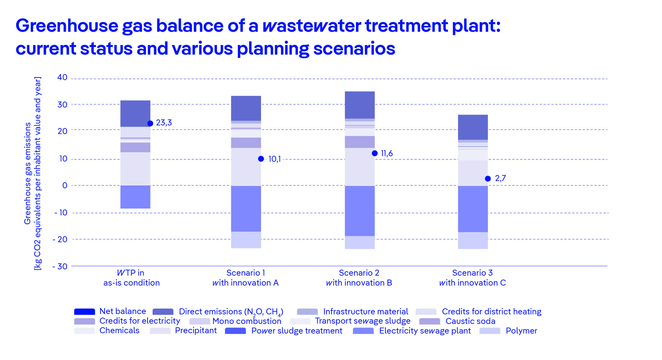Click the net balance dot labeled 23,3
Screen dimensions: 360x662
coord(150,123)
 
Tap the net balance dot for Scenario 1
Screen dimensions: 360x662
coord(261,159)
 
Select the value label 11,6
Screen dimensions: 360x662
coord(387,154)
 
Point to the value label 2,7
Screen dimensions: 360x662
coord(500,178)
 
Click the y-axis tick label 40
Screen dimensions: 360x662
coord(62,77)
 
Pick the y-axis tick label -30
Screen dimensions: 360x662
coord(60,266)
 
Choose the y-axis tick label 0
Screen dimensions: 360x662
coord(65,186)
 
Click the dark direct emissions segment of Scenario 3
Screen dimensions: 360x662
coord(473,127)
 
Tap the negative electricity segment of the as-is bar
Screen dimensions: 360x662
coord(135,197)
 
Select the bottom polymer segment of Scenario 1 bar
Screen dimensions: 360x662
coord(246,240)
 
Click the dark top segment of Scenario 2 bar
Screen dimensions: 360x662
coord(360,105)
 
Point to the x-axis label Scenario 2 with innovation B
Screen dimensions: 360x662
coord(359,278)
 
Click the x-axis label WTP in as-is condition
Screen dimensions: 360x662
coord(131,278)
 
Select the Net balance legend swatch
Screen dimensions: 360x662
coord(84,312)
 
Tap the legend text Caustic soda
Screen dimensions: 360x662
coord(470,321)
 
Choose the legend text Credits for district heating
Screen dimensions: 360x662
coord(491,312)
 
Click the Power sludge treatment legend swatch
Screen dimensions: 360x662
coord(235,331)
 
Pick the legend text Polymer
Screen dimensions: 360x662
coord(521,331)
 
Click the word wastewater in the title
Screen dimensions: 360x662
coord(312,25)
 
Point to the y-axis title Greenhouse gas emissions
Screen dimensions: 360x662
coord(27,173)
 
